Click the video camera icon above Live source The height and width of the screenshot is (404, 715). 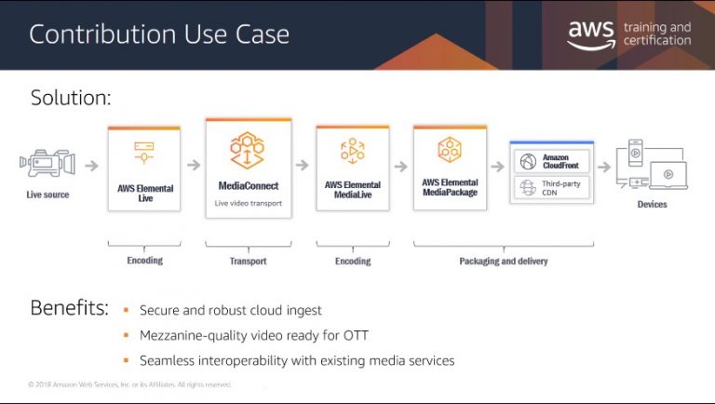coord(47,163)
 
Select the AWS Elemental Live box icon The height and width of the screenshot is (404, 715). coord(144,153)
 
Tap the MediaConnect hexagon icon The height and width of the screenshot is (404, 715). coord(247,150)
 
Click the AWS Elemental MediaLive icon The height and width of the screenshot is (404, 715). coord(353,151)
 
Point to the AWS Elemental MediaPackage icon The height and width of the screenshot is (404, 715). coord(450,150)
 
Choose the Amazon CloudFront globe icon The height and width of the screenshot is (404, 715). coord(528,161)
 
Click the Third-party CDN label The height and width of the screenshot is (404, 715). coord(560,188)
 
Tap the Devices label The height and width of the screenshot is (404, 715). coord(652,204)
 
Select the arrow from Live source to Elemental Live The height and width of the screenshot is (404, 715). coord(91,166)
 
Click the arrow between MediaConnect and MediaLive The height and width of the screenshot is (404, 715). coord(303,165)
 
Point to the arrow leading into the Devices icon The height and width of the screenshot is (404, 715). coord(604,167)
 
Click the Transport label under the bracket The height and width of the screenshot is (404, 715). coord(248,261)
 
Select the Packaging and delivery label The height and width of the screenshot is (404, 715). coord(504,261)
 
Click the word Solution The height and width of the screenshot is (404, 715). coord(71,98)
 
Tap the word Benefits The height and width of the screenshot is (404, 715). coord(69,308)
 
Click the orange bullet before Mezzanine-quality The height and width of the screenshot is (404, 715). coord(127,335)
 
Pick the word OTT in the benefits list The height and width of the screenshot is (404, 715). coord(356,336)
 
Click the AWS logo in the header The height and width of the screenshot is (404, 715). coord(591,34)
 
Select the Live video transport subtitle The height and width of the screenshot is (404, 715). coord(248,203)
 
